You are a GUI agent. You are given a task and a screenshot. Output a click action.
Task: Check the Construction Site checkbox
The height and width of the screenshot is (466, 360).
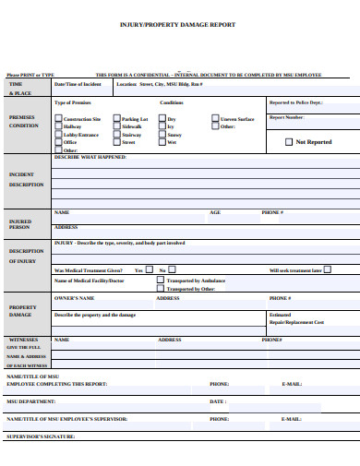coord(58,119)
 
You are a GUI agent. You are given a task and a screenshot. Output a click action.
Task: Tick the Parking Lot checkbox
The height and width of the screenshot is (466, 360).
coord(116,119)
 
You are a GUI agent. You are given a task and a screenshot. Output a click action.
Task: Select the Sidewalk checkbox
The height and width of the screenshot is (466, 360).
coord(116,126)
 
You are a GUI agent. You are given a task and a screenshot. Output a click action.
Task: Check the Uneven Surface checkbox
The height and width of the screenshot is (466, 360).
coord(215,119)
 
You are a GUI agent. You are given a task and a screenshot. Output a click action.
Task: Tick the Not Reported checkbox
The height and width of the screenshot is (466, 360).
coord(288,142)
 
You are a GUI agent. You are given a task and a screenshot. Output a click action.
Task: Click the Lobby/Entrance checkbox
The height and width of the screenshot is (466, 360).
coord(58,135)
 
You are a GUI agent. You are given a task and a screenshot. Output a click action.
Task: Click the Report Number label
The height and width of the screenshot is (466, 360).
coord(286,117)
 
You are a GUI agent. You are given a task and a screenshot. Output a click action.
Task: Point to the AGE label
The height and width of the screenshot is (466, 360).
coord(215,212)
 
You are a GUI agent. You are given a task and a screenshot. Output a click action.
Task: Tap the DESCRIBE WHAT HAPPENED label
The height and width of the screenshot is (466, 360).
coord(90,157)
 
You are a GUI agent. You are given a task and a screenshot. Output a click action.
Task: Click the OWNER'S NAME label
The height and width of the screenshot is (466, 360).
coord(75,298)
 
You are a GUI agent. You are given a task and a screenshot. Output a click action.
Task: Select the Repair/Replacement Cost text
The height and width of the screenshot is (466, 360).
coord(296,322)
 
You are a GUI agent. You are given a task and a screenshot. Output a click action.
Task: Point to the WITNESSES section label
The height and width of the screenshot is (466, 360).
coord(24,339)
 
